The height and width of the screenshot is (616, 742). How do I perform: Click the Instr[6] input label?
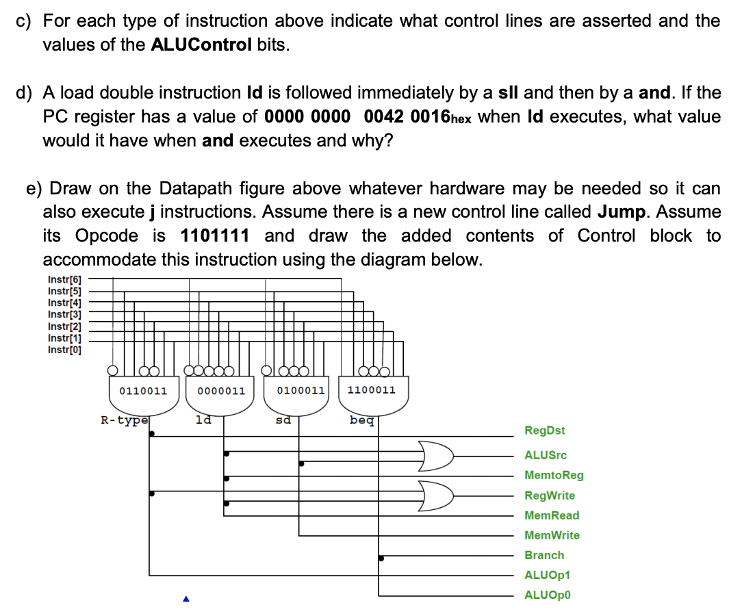[x=64, y=279]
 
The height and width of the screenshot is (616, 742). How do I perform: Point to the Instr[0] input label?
[x=64, y=350]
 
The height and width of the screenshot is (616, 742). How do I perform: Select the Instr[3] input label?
[x=64, y=314]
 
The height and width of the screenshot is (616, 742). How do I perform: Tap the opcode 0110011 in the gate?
[x=143, y=391]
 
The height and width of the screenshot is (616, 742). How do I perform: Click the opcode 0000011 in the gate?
[x=221, y=391]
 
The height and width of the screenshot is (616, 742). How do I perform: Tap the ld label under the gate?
[x=203, y=420]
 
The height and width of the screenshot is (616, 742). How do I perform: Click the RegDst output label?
[x=545, y=431]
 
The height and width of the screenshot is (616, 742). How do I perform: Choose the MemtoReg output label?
[x=554, y=475]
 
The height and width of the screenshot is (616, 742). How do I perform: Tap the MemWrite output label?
[x=552, y=535]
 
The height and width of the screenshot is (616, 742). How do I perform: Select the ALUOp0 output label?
[x=547, y=595]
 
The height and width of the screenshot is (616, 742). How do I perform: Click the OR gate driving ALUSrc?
[x=437, y=456]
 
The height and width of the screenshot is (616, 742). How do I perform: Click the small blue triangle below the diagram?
[x=185, y=600]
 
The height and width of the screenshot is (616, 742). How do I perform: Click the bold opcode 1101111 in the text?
[x=215, y=236]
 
